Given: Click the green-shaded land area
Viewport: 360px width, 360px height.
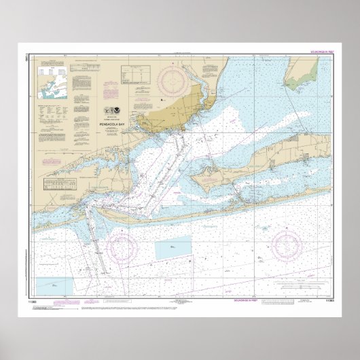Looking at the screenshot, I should pos(300,73).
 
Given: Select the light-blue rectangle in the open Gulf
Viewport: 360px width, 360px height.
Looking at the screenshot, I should pos(174,250).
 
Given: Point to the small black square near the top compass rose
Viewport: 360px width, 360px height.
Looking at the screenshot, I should pos(161,101).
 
